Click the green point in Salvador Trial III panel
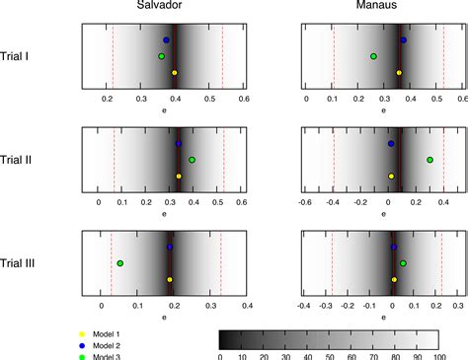(120, 263)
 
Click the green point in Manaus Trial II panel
(429, 160)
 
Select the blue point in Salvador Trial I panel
(166, 39)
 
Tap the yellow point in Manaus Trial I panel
(399, 73)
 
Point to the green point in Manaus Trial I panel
(373, 56)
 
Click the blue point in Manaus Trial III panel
(393, 248)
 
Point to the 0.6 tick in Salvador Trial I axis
(243, 100)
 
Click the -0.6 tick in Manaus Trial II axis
(305, 203)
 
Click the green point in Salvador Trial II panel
(192, 160)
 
